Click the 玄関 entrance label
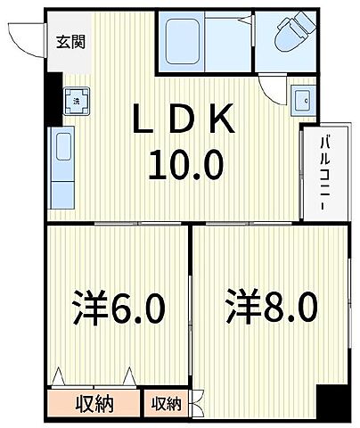pyautogui.click(x=71, y=41)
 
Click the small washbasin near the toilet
pyautogui.click(x=302, y=101)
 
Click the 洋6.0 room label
pyautogui.click(x=119, y=309)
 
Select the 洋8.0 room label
pyautogui.click(x=270, y=309)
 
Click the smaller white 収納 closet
pyautogui.click(x=166, y=404)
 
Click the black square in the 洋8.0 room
pyautogui.click(x=333, y=400)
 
